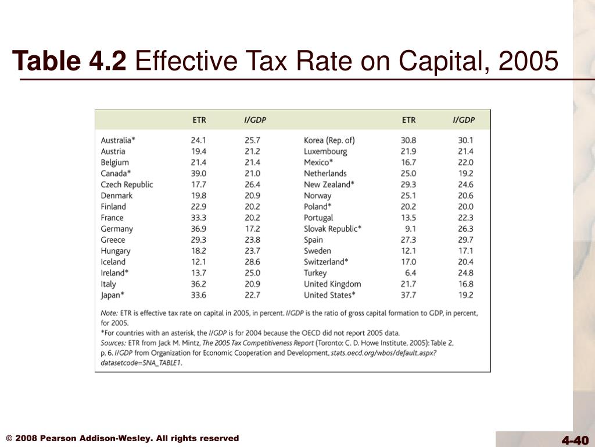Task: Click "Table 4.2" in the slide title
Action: [70, 61]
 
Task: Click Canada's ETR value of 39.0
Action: [199, 173]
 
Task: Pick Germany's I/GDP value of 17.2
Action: [252, 229]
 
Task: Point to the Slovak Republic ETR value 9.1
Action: [410, 229]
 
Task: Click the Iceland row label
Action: [113, 262]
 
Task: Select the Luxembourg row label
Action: [325, 151]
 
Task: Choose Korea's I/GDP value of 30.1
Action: [465, 140]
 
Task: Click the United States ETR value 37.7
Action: [408, 295]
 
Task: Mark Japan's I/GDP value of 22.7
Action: [252, 295]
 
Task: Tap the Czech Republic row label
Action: [127, 185]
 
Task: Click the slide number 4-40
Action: [575, 440]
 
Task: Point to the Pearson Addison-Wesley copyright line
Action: [123, 438]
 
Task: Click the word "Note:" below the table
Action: [110, 313]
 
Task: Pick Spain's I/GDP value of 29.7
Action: [465, 240]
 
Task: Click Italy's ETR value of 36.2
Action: [199, 284]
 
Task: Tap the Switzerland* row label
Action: [326, 262]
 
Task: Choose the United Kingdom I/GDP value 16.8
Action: [465, 284]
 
